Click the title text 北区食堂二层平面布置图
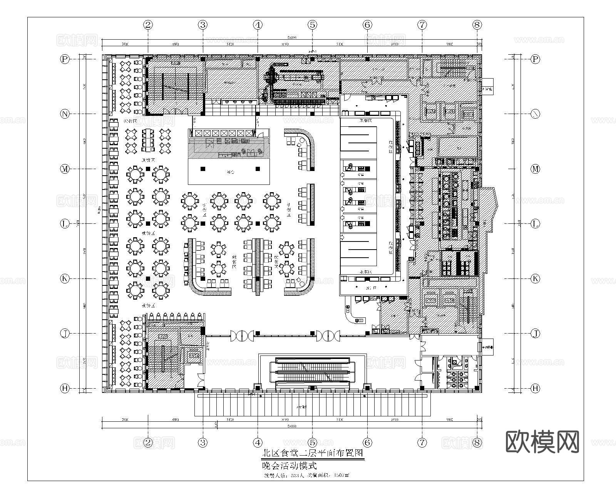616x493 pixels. [x=313, y=453]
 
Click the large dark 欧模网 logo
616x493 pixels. [x=542, y=441]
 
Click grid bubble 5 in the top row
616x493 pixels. [x=312, y=25]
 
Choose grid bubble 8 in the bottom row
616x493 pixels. [x=477, y=443]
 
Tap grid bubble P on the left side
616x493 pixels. [x=65, y=59]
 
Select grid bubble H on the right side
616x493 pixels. [x=535, y=388]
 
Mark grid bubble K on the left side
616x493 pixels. [x=65, y=278]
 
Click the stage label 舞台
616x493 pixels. [x=230, y=172]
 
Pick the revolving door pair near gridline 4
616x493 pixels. [x=242, y=335]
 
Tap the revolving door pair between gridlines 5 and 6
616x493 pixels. [x=328, y=335]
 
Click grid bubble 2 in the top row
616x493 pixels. [x=148, y=25]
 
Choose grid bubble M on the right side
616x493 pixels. [x=535, y=169]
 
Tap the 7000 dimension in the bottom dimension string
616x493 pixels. [x=124, y=419]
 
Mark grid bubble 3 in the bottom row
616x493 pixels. [x=203, y=443]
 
